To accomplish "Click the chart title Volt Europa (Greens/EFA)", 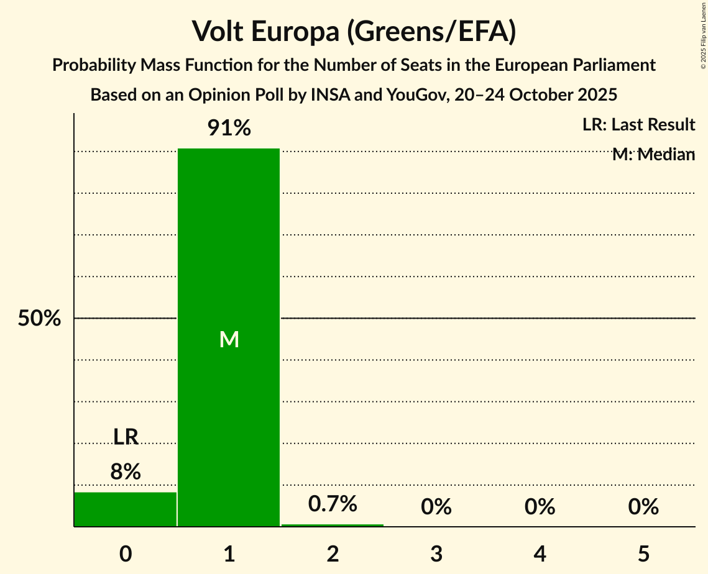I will coord(354,32).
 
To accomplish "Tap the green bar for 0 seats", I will coord(126,509).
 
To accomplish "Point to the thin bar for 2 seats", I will coord(333,525).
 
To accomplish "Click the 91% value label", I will coord(229,129).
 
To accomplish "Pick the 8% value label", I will coord(126,472).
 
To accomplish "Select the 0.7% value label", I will coord(333,504).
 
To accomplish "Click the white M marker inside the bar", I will coord(229,339).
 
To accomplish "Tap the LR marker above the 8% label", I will coord(126,437).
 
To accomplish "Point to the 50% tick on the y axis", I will coord(39,319).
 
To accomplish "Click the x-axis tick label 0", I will coord(126,553).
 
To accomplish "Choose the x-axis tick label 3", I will coord(436,553).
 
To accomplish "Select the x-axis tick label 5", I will coord(643,553).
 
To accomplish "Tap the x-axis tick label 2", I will coord(333,553).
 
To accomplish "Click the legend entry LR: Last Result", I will coord(638,125).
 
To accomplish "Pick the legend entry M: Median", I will coord(653,155).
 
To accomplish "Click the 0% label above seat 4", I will coord(540,507).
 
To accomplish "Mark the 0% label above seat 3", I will coord(436,507).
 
